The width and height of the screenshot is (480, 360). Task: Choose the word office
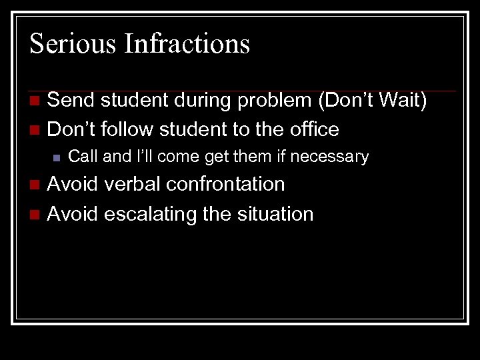[x=312, y=129]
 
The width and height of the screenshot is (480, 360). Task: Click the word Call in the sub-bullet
[x=83, y=157]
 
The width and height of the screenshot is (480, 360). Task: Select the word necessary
[x=336, y=157]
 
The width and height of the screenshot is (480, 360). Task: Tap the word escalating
[x=147, y=214]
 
